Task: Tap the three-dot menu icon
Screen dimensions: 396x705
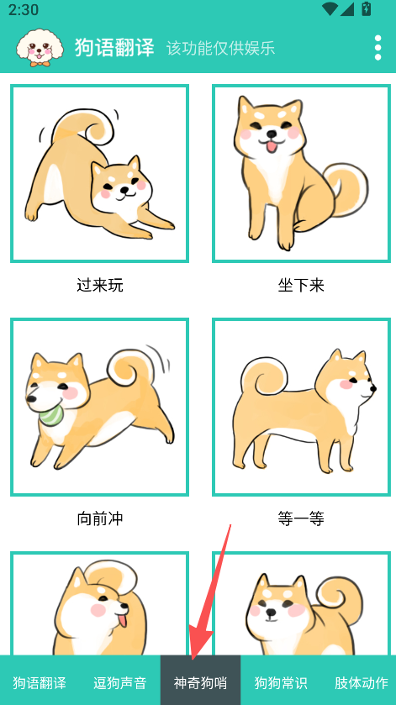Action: point(378,47)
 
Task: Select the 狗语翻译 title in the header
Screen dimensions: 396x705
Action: point(114,48)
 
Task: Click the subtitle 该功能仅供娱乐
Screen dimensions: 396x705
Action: point(220,48)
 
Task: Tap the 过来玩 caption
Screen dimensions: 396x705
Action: point(99,285)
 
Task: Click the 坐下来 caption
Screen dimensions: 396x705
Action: point(301,285)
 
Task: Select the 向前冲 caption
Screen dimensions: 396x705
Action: point(99,519)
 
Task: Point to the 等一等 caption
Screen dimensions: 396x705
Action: point(301,519)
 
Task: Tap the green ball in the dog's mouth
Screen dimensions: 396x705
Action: point(53,413)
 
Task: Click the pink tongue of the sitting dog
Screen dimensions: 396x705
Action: point(272,146)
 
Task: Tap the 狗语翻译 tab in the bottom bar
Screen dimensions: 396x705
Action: point(40,683)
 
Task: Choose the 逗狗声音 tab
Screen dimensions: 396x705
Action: point(120,683)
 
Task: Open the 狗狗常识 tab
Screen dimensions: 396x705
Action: point(282,683)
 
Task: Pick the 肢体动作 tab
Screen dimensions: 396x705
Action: point(362,683)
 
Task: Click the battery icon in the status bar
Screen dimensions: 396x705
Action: point(367,9)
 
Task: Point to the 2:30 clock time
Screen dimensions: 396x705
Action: point(24,9)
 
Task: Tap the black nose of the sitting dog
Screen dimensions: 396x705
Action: point(272,134)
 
